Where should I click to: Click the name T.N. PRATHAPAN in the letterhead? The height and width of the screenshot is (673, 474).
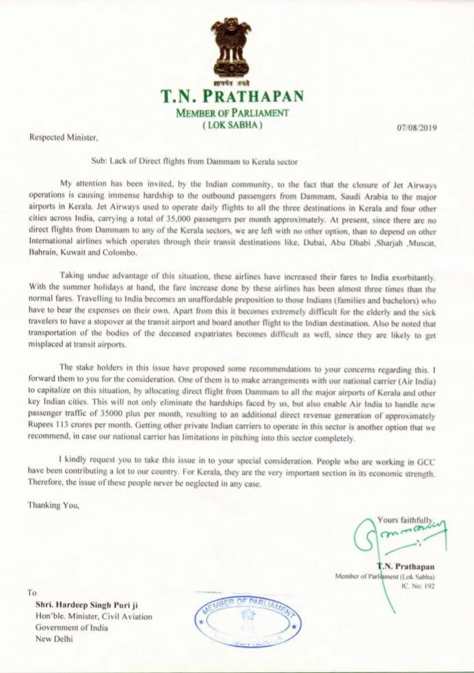pyautogui.click(x=232, y=96)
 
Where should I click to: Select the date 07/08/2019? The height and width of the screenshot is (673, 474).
pyautogui.click(x=417, y=128)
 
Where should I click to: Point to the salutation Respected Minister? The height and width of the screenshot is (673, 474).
pyautogui.click(x=64, y=137)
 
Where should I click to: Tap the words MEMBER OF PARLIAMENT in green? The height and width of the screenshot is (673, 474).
pyautogui.click(x=232, y=113)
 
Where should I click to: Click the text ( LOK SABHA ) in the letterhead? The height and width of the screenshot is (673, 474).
pyautogui.click(x=232, y=126)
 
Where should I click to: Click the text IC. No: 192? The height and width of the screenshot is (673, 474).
pyautogui.click(x=416, y=586)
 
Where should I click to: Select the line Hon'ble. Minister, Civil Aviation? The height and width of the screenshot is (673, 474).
pyautogui.click(x=94, y=616)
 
